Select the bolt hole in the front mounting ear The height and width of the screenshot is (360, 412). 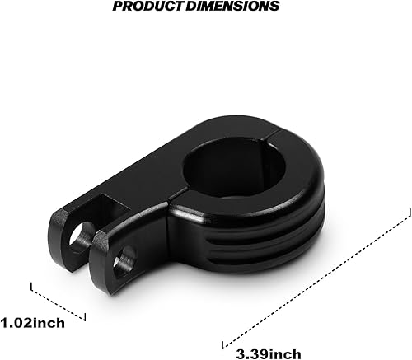tap(122, 262)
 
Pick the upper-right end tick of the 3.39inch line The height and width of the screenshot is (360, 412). tap(406, 212)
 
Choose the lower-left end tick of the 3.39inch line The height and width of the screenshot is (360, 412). tap(223, 342)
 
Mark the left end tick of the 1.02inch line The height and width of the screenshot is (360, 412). tap(32, 287)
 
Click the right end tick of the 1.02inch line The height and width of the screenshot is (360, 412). tap(85, 316)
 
